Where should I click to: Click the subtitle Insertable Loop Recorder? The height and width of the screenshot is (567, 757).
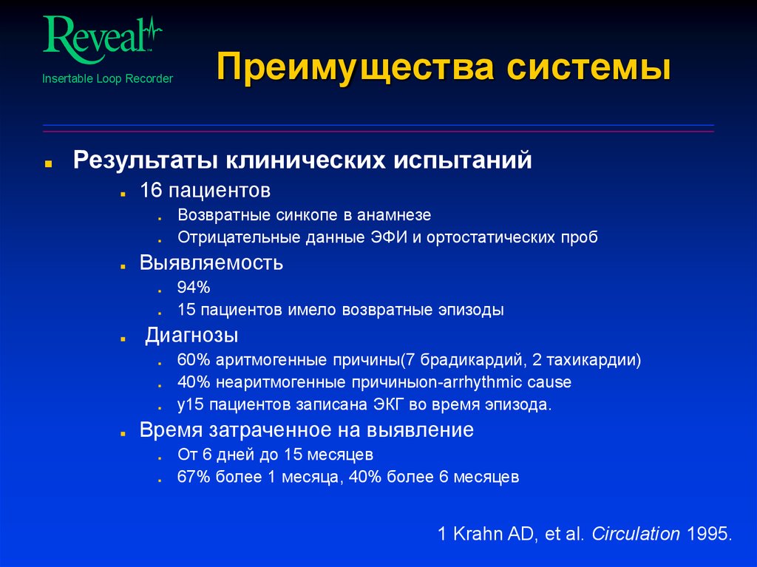[x=107, y=78]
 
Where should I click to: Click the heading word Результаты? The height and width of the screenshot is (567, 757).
[x=145, y=160]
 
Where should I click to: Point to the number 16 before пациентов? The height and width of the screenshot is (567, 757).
[x=151, y=191]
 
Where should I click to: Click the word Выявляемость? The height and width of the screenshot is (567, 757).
[x=211, y=262]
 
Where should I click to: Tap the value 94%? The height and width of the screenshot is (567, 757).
[x=194, y=288]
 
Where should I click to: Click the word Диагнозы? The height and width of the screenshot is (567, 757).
[x=191, y=336]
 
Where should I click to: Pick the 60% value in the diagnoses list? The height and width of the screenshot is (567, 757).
[x=194, y=361]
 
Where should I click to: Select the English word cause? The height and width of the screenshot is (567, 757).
[x=549, y=383]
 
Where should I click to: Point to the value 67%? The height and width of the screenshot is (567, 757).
[x=194, y=477]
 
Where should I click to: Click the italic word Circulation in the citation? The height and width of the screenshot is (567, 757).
[x=636, y=534]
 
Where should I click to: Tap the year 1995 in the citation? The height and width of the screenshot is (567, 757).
[x=708, y=534]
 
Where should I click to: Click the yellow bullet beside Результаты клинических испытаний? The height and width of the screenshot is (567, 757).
[x=48, y=162]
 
